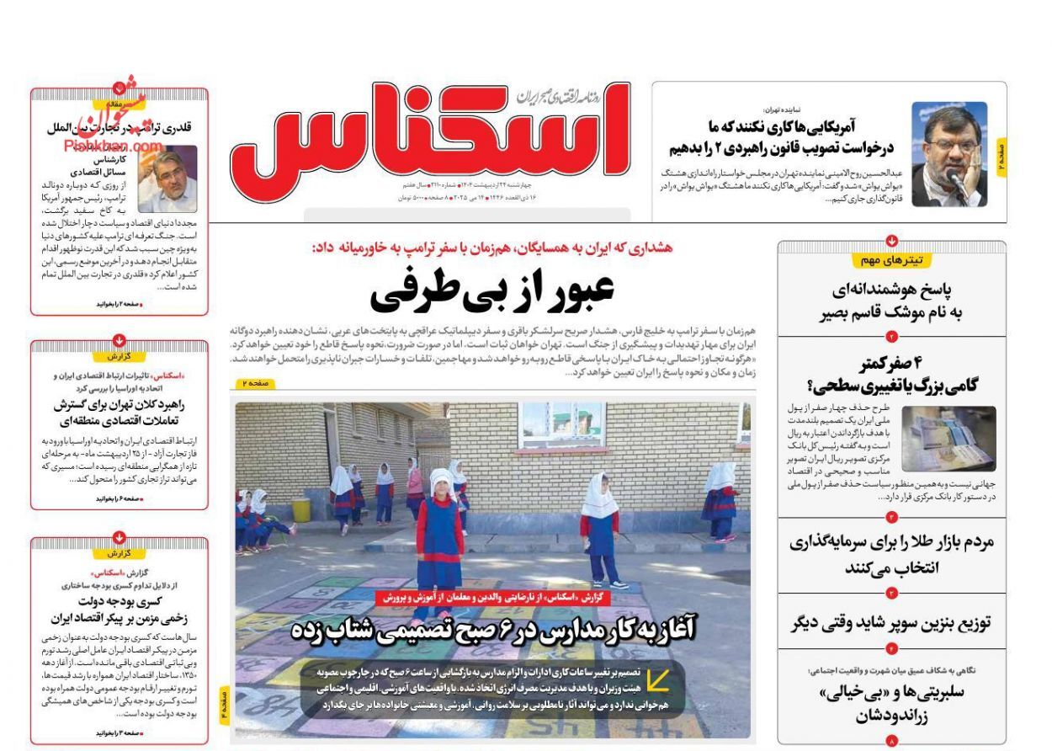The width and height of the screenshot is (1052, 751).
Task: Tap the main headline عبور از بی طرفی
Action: click(x=492, y=291)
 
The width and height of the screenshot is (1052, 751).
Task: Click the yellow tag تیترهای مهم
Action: click(x=891, y=260)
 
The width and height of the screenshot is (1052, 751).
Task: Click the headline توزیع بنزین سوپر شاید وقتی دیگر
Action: click(x=891, y=623)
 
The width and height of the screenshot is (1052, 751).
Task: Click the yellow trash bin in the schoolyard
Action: click(x=301, y=509)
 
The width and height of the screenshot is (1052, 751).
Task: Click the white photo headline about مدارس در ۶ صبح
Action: click(x=492, y=630)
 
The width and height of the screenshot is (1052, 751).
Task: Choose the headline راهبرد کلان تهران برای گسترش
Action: click(x=119, y=412)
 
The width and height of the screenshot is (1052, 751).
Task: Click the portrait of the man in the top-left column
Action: click(x=167, y=178)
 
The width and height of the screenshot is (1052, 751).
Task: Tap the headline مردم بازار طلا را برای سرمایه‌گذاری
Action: click(x=891, y=554)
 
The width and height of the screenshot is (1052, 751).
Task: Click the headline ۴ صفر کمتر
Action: click(x=891, y=375)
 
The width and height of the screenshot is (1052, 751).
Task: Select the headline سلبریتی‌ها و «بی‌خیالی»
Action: click(x=891, y=704)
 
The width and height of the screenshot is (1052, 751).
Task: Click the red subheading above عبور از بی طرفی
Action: click(x=492, y=248)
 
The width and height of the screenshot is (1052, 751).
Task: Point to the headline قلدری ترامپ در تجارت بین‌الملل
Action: click(x=119, y=129)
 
